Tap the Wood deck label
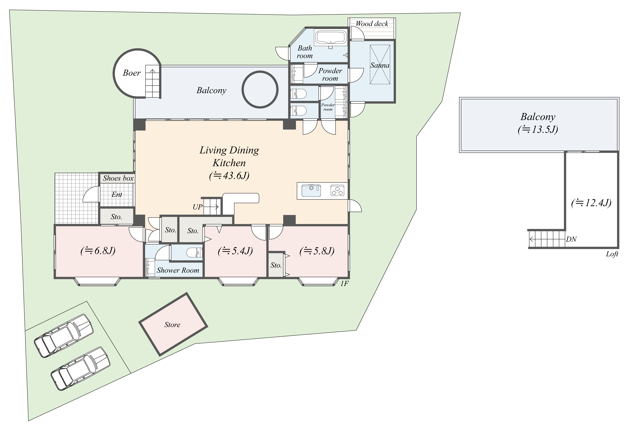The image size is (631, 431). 372,24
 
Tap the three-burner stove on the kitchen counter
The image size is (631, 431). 337,190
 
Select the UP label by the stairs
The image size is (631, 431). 197,207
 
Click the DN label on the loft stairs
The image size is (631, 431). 571,239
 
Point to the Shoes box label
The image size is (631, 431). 118,178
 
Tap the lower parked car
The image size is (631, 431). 80,368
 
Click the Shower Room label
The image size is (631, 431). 178,270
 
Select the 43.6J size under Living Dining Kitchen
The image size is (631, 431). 229,176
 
